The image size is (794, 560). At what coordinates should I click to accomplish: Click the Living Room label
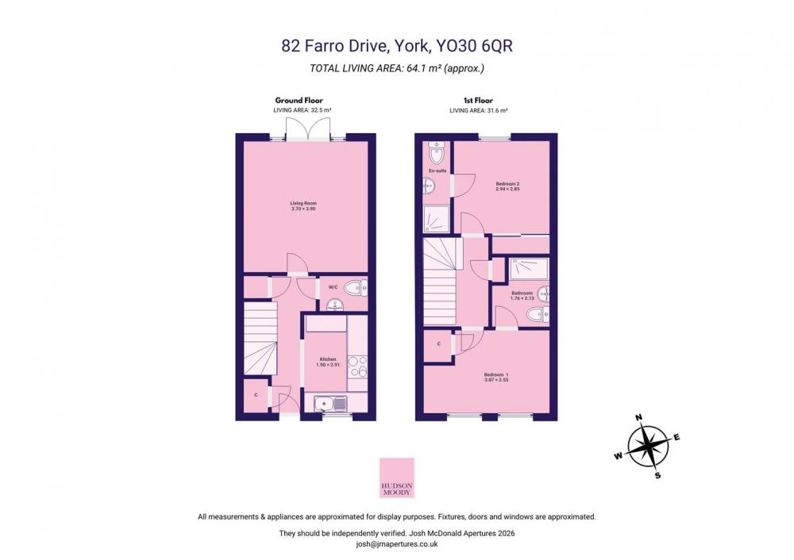(x=304, y=203)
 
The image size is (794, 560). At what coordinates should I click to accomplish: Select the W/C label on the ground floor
(x=333, y=287)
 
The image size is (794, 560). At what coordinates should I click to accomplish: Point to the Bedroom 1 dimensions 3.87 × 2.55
(x=496, y=379)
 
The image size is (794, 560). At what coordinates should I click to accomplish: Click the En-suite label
(x=437, y=171)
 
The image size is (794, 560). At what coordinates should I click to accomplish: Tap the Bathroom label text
(x=522, y=293)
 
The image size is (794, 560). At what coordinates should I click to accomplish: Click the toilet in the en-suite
(x=436, y=152)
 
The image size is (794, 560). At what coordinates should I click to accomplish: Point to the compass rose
(x=648, y=447)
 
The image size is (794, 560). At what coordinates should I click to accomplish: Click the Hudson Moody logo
(x=397, y=478)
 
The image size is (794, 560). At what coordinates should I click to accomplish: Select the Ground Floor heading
(x=299, y=100)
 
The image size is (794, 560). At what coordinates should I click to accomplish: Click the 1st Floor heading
(x=478, y=100)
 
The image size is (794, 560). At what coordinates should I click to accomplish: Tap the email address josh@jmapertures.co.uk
(x=397, y=544)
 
